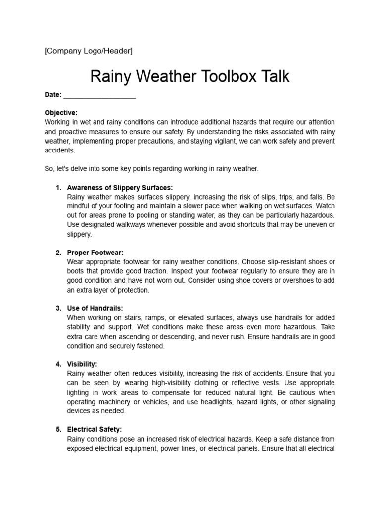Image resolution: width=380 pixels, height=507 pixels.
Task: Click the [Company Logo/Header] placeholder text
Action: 89,51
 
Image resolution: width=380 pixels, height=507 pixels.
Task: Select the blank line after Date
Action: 99,95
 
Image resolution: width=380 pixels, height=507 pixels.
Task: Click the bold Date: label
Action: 53,95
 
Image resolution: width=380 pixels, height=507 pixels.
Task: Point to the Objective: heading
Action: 61,113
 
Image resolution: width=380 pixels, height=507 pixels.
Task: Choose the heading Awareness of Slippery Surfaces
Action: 120,187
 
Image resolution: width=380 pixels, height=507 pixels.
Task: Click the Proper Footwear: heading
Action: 95,253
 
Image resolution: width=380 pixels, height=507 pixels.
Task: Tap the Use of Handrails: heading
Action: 95,308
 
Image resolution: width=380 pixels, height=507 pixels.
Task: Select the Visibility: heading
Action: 82,364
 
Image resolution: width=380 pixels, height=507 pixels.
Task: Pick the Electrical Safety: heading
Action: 94,429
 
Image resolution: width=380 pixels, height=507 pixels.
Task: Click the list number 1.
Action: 58,187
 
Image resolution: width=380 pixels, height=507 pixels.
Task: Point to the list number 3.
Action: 58,308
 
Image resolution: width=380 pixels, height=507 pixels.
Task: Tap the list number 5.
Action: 58,429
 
